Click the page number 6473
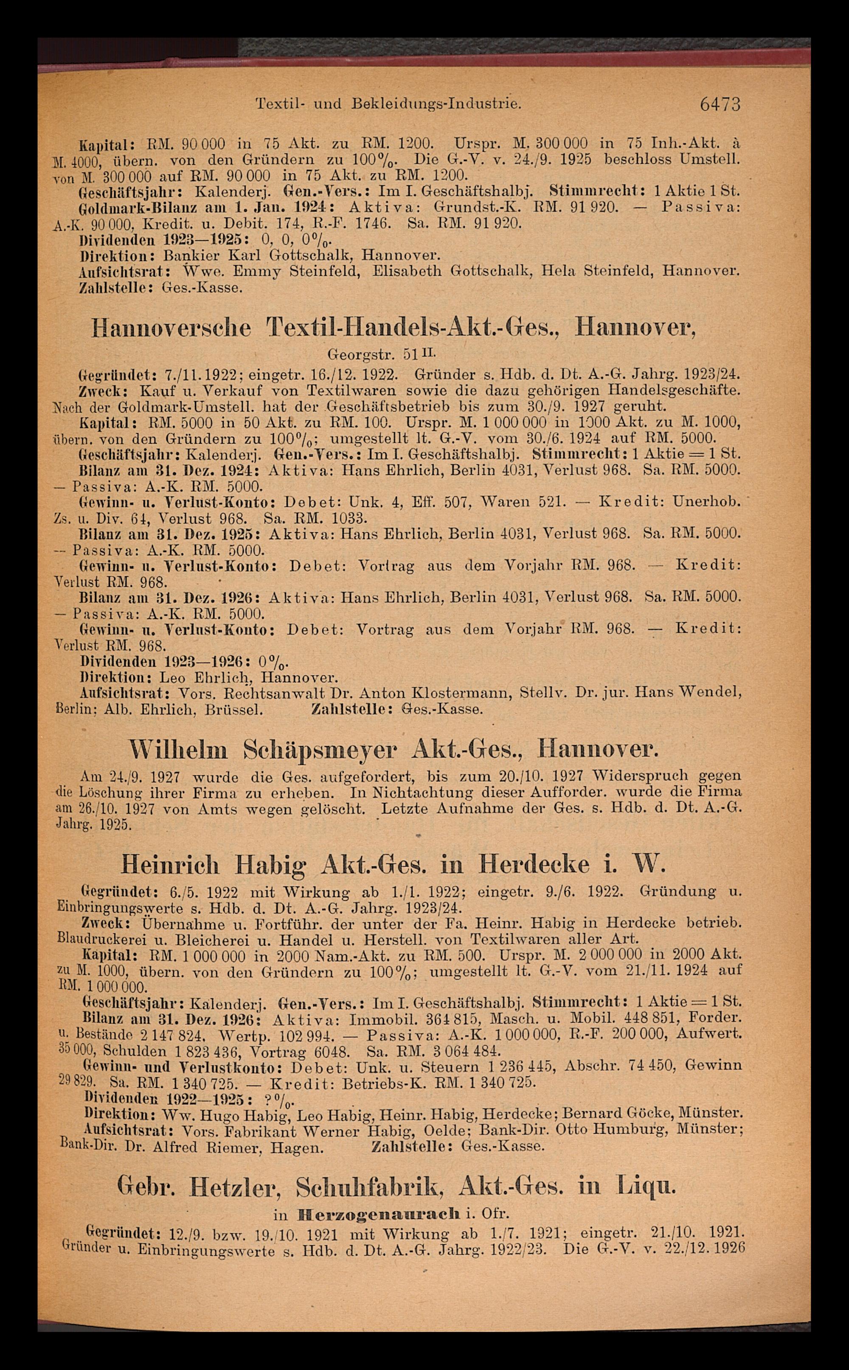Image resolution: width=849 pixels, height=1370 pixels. click(x=720, y=105)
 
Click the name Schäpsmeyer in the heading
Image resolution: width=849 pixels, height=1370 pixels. click(x=320, y=750)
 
